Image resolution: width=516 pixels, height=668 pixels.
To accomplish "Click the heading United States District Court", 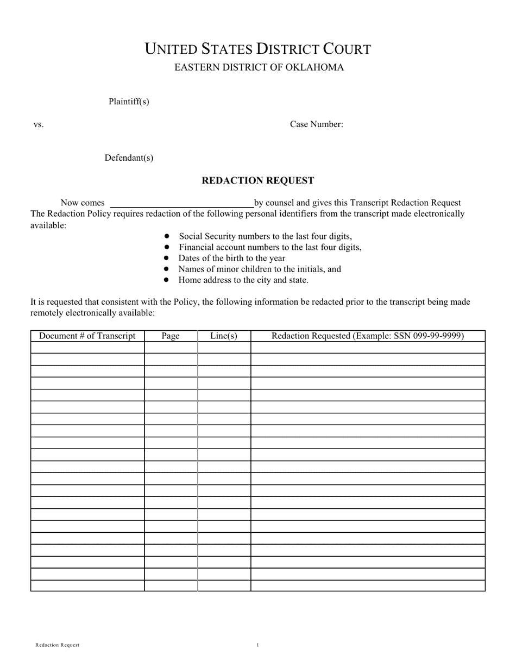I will [257, 49].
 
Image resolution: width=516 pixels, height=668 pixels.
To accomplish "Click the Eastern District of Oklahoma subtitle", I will [259, 67].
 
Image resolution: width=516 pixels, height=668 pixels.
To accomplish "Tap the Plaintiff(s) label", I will [129, 102].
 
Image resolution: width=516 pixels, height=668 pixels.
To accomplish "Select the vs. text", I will [39, 124].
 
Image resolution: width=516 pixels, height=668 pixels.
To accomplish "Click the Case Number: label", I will [316, 124].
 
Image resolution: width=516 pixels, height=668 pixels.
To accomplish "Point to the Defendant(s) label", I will [129, 158].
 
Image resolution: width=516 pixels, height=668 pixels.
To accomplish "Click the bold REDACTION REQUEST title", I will [257, 180].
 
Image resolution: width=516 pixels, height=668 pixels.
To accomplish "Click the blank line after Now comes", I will [182, 204].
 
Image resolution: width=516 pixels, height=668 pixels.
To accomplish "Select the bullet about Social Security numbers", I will [265, 236].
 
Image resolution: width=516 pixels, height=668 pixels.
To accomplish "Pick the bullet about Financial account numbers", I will [270, 247].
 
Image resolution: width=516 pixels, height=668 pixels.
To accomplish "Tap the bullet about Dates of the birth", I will [231, 258].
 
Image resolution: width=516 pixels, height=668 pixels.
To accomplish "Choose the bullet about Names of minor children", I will [260, 269].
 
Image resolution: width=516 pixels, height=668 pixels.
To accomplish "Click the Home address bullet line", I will [243, 280].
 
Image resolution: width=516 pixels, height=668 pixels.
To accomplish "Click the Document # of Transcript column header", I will [87, 336].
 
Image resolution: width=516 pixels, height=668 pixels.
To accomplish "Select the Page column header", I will [171, 336].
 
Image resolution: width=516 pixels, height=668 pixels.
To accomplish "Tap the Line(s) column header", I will [224, 336].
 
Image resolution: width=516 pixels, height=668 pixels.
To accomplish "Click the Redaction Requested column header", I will [367, 336].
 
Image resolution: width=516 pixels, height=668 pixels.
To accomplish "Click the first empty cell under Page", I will [171, 348].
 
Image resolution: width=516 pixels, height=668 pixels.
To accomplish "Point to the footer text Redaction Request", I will [58, 645].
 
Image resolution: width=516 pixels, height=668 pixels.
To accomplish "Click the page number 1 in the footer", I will [257, 645].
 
